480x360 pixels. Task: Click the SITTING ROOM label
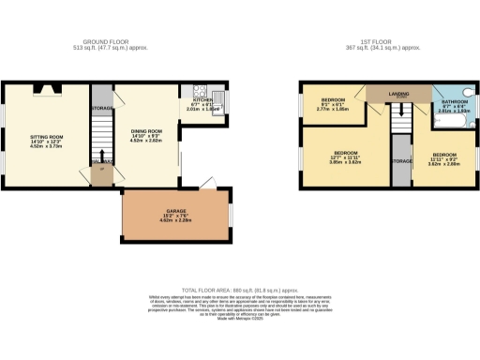point(47,136)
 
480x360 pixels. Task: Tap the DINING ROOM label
point(147,130)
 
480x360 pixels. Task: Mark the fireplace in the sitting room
point(47,89)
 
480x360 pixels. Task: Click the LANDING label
point(399,93)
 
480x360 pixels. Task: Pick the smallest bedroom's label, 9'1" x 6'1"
point(335,99)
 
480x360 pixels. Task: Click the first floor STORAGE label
point(400,161)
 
